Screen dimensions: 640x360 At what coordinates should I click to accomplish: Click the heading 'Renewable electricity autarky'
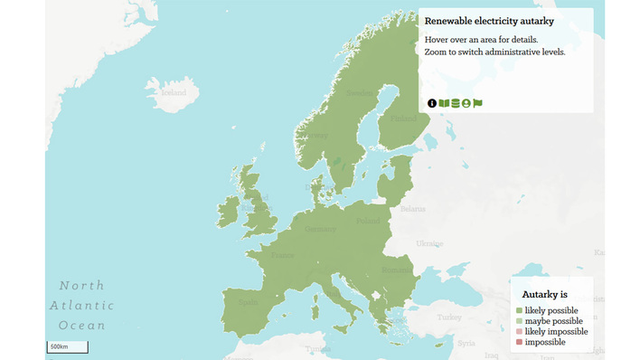point(488,21)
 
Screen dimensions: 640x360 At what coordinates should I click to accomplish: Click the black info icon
point(432,103)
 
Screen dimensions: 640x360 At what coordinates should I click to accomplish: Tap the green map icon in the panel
point(444,103)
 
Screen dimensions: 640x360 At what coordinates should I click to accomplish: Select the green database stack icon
point(456,103)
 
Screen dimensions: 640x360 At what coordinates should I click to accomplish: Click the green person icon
point(466,103)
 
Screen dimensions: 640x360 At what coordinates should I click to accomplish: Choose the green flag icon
point(478,103)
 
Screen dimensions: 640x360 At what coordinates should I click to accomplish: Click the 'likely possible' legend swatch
point(519,310)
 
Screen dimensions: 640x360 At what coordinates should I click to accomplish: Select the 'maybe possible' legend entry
point(553,321)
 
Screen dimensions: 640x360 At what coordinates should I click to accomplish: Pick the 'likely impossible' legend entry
point(556,332)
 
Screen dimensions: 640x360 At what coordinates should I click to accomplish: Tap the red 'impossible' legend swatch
point(519,342)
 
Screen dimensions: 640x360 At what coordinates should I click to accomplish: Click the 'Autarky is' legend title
point(545,294)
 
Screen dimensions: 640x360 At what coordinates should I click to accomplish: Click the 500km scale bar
point(68,346)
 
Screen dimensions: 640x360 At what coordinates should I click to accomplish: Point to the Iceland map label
point(173,92)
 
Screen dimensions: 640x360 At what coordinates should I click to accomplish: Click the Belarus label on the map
point(412,208)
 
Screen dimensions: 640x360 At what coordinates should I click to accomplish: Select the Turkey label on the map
point(448,317)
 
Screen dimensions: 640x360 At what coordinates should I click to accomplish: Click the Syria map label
point(466,344)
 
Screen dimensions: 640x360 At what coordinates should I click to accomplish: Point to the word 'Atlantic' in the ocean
point(82,306)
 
